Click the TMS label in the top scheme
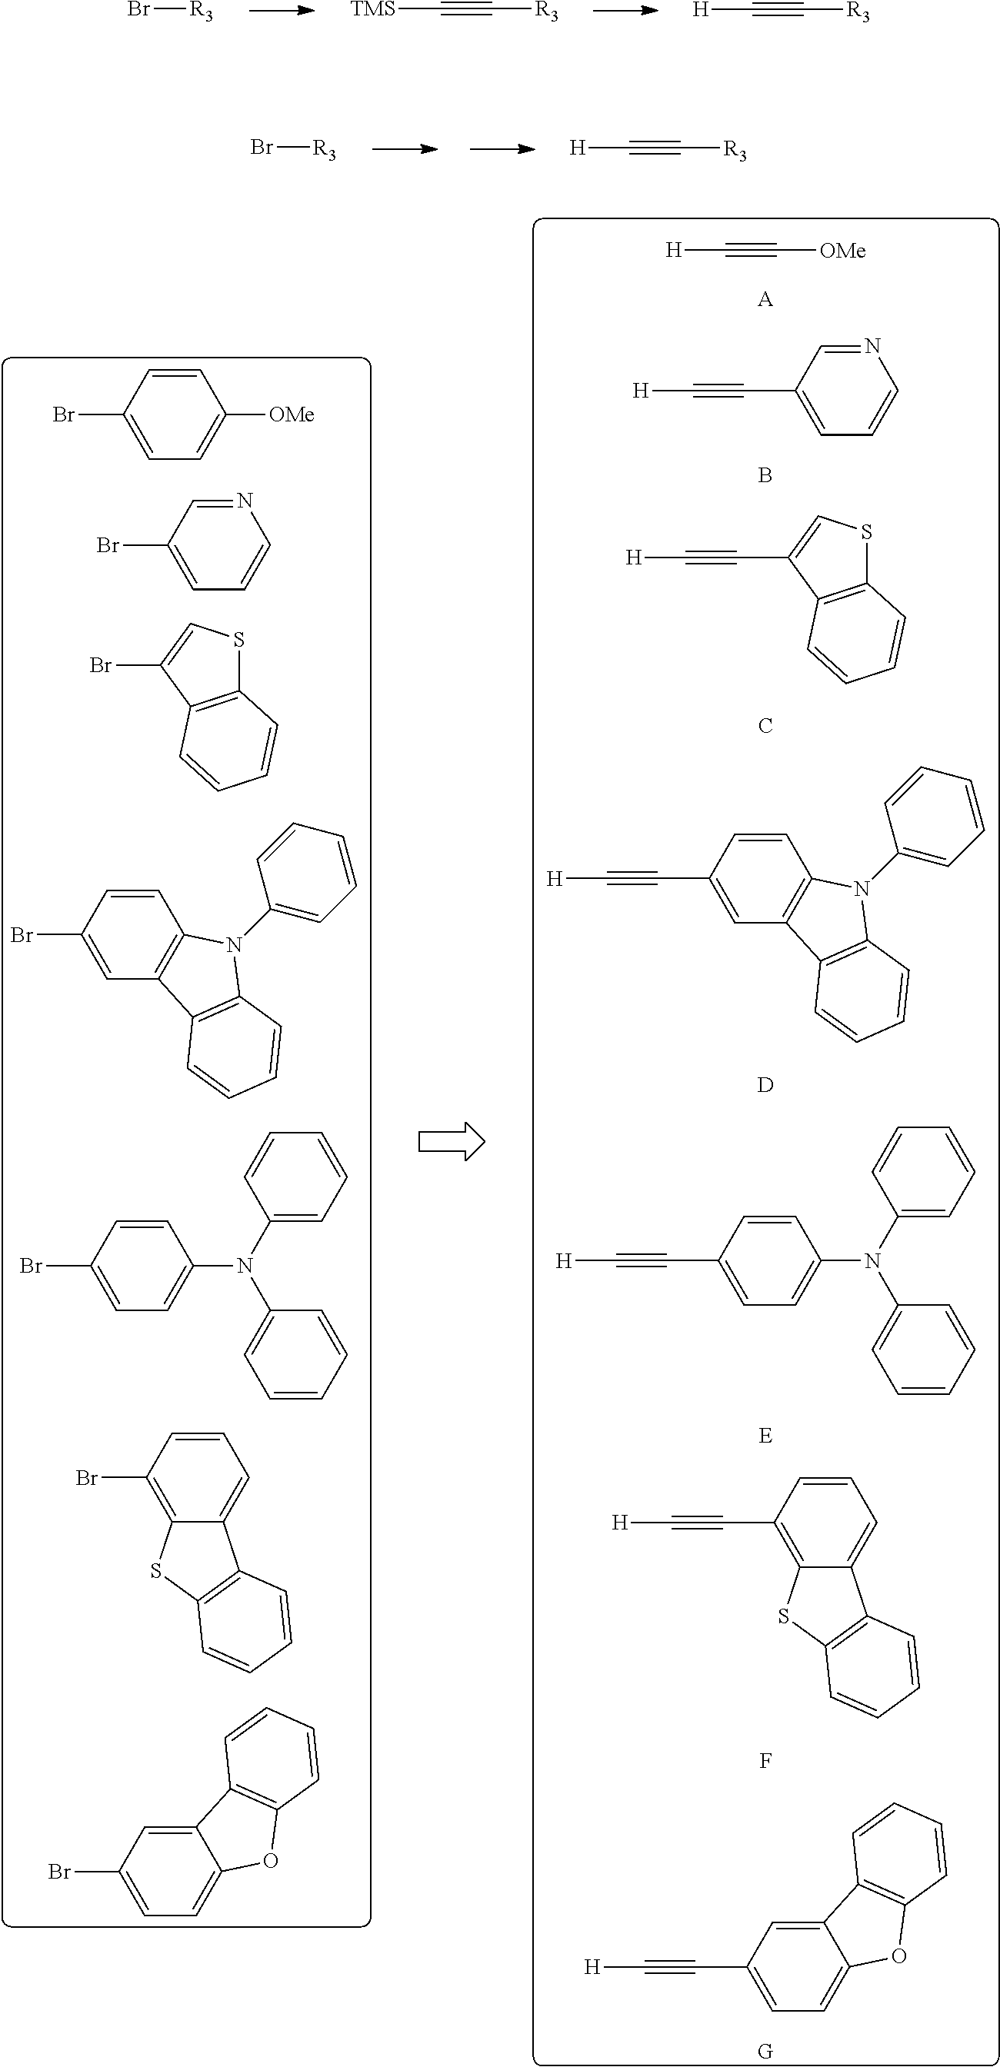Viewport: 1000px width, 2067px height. pos(373,12)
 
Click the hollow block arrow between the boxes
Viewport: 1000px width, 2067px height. pos(452,1141)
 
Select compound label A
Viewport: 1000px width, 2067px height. pos(765,299)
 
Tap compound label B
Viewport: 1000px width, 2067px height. pos(765,475)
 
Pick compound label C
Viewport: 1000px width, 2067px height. pos(765,725)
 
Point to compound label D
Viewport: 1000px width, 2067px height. pos(765,1085)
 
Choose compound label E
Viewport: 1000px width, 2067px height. pos(765,1436)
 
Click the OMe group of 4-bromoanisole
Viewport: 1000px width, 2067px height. pos(292,414)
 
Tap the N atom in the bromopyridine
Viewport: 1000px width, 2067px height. pos(245,501)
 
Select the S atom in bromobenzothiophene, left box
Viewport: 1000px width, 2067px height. pos(238,641)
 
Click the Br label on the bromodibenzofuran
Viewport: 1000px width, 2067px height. pos(59,1871)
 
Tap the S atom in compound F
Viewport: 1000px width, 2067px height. pos(784,1616)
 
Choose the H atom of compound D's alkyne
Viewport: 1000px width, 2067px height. pos(554,879)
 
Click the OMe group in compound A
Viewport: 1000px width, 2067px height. pos(843,251)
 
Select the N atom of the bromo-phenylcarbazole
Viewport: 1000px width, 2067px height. pos(234,944)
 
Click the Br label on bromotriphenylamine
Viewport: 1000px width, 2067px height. pos(32,1266)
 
